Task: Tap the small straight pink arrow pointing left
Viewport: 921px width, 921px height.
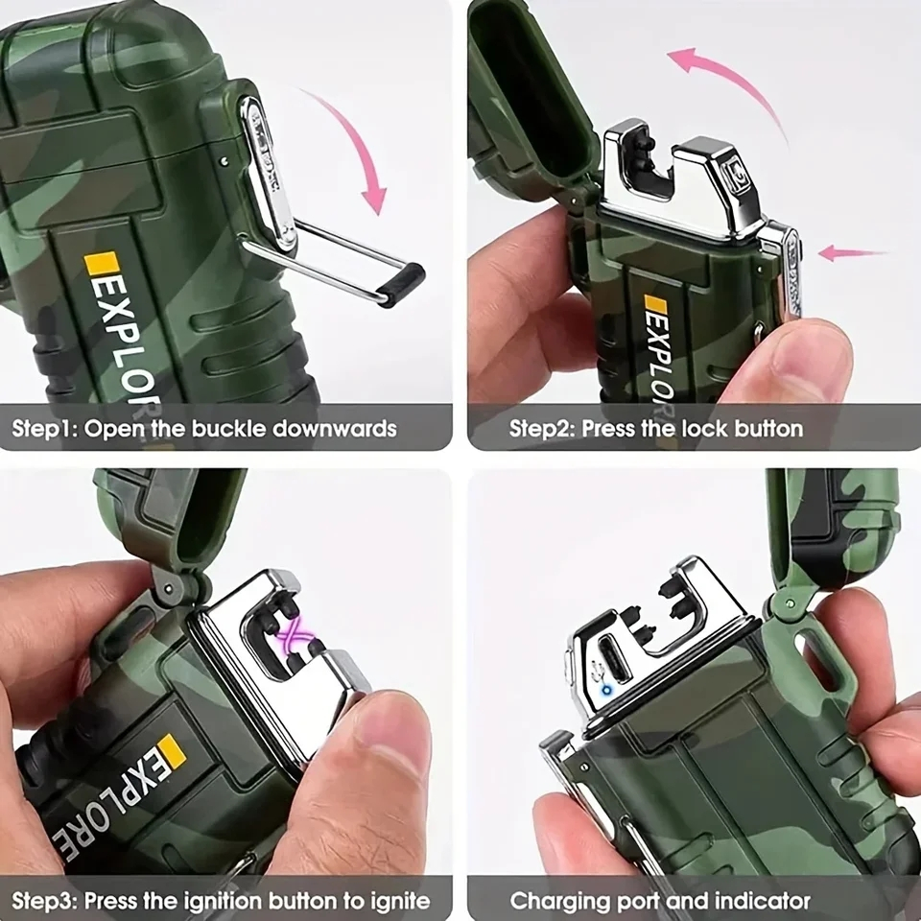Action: click(852, 253)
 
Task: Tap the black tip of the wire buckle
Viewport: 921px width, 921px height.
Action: click(401, 283)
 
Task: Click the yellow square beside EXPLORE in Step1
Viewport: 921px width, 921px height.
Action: click(101, 263)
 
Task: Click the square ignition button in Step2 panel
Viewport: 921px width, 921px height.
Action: click(734, 171)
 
